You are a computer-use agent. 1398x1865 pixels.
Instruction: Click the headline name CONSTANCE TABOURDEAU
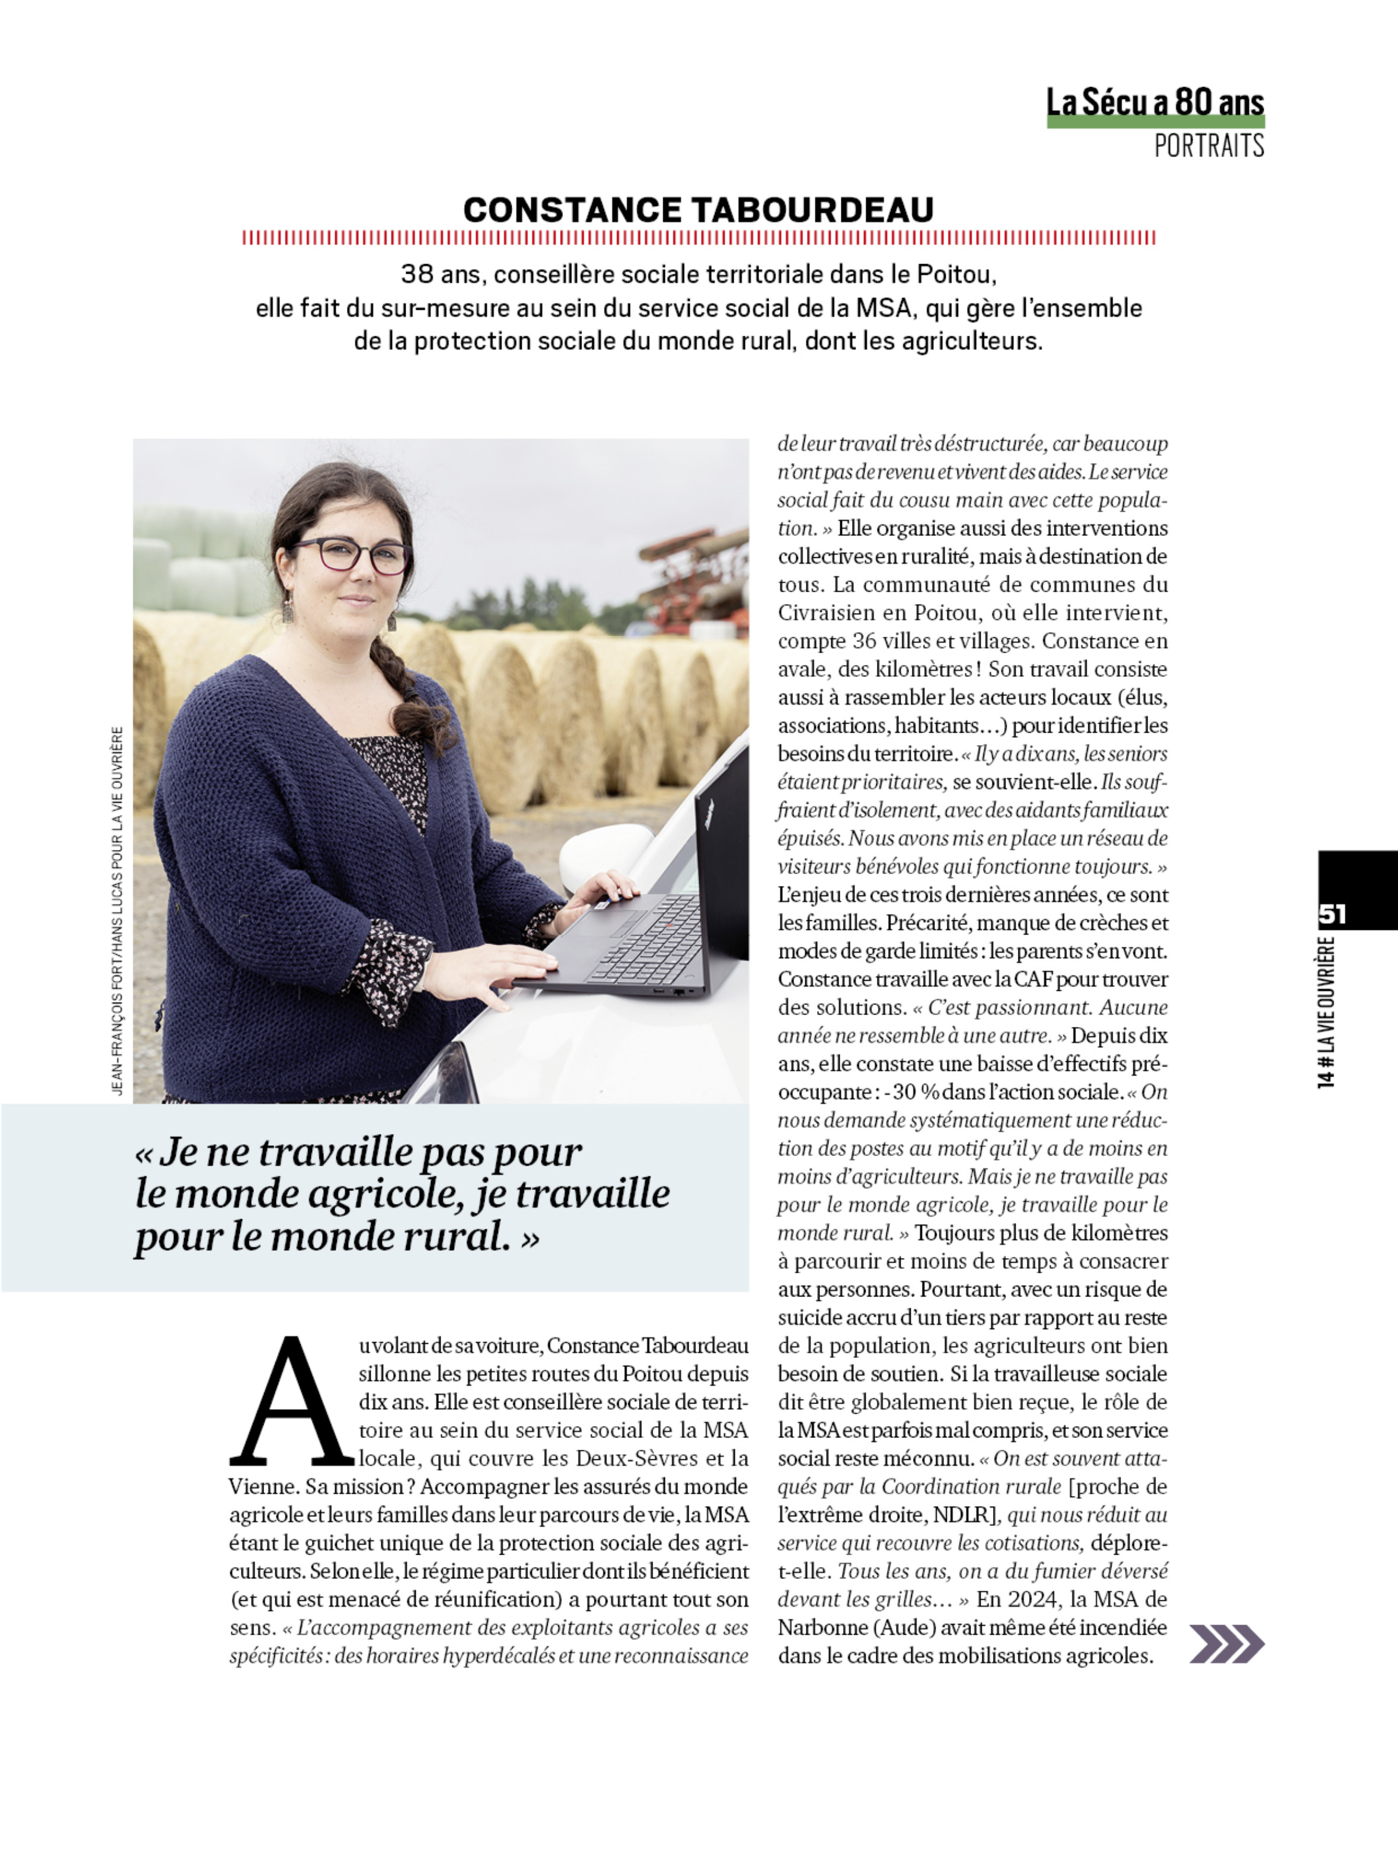coord(698,210)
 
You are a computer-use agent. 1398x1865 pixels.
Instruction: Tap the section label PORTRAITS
coord(1209,146)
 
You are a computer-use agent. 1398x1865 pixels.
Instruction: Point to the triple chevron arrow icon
coord(1227,1643)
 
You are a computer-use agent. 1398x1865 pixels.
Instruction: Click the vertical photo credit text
coord(117,910)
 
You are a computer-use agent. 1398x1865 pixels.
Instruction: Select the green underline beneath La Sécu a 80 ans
coord(1155,122)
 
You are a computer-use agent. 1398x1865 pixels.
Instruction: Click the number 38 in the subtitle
coord(416,274)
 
